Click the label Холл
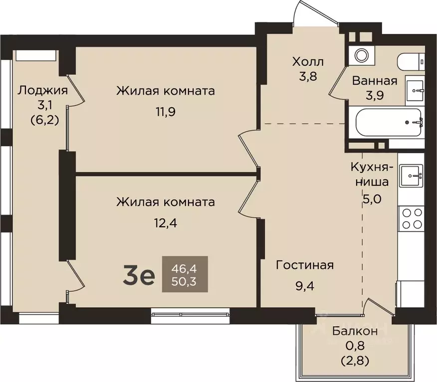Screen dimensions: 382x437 pos(308,62)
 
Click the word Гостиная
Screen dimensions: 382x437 pos(305,265)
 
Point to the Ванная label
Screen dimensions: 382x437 pos(374,81)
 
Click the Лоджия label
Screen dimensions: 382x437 pos(42,90)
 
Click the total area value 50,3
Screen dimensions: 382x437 pos(185,282)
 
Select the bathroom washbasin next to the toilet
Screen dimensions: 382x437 pos(414,90)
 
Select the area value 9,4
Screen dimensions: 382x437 pos(305,286)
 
